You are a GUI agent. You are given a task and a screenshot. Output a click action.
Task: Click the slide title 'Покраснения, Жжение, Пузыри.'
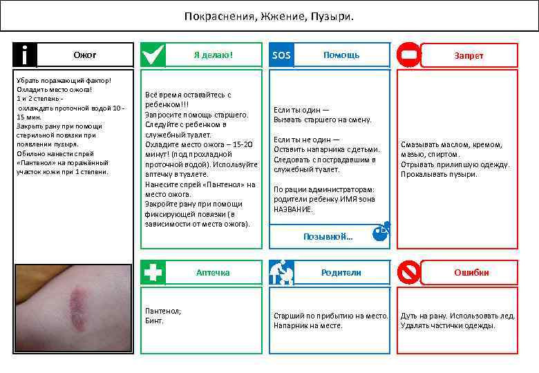[269, 15]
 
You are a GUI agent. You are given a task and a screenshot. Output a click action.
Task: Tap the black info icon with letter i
[25, 55]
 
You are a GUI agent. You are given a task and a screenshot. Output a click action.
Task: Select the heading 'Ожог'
[85, 55]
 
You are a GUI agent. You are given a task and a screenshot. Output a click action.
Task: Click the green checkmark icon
[153, 55]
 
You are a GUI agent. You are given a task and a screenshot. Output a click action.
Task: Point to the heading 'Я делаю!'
[214, 55]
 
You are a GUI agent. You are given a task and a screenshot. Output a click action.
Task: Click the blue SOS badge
[281, 55]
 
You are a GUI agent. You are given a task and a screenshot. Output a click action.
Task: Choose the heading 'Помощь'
[341, 55]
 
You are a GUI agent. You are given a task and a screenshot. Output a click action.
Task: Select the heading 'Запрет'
[469, 55]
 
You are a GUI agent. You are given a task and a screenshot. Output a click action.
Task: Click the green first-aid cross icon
[153, 272]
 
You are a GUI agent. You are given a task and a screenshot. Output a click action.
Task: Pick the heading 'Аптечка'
[213, 272]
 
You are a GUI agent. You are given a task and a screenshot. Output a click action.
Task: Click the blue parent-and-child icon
[281, 272]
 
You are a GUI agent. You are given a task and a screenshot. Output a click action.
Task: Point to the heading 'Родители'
[341, 272]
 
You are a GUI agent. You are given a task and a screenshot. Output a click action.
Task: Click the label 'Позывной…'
[328, 236]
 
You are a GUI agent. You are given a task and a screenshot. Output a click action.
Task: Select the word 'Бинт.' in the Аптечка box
[154, 321]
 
